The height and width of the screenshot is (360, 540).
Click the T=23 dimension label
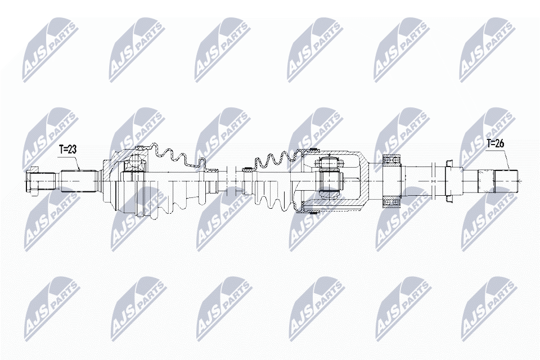(x=69, y=149)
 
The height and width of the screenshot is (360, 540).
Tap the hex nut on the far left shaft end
(x=33, y=181)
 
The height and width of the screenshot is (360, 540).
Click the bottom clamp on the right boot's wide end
(x=313, y=212)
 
